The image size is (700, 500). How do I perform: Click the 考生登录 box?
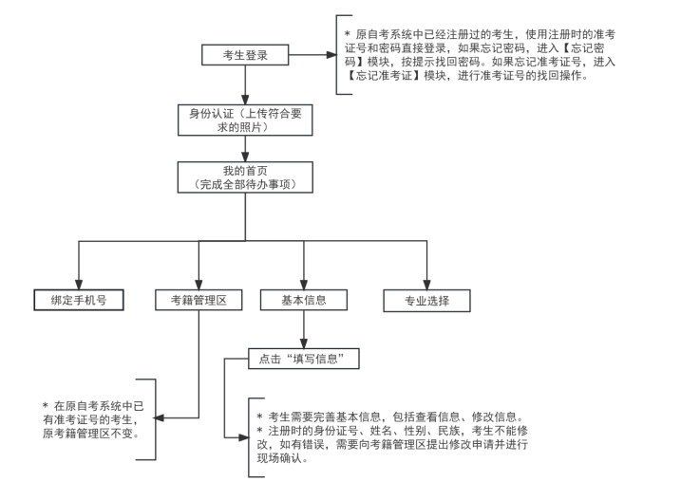coord(245,55)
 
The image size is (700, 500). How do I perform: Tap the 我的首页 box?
coord(245,176)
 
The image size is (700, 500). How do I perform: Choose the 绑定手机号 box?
coord(78,301)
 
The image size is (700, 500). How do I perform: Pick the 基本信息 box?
coord(304,301)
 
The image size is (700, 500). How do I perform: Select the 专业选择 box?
coord(427,301)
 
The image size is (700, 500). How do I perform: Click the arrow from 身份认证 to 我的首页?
coord(245,147)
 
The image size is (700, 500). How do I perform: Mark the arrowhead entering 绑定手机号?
coord(78,284)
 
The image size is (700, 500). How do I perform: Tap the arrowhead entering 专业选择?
coord(427,284)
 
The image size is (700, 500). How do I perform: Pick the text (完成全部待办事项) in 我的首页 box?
coord(245,182)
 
